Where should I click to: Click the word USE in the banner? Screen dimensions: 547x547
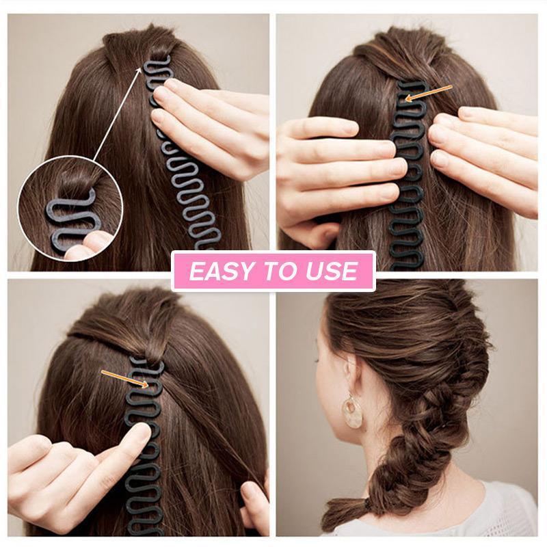[x=333, y=272]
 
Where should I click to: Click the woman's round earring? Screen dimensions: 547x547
[x=353, y=412]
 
